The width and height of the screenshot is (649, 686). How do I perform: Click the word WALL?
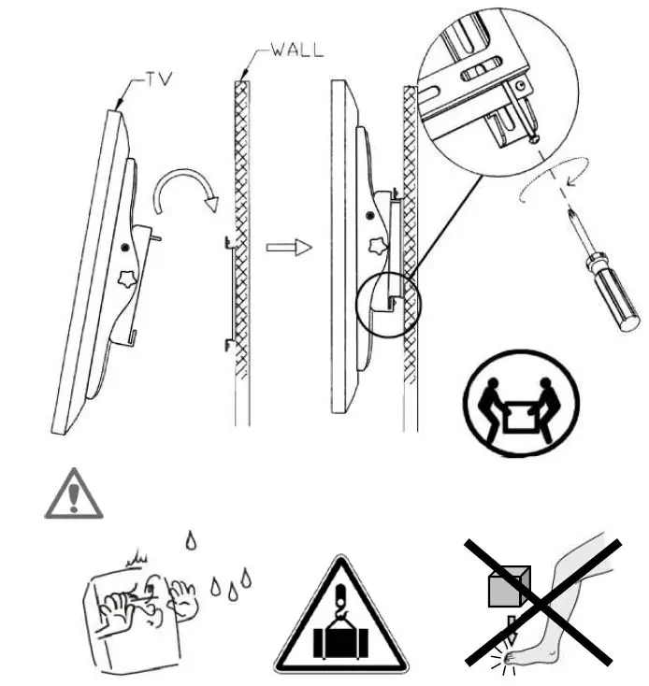297,50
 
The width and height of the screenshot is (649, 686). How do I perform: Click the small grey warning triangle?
74,493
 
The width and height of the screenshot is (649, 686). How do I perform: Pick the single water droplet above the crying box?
192,539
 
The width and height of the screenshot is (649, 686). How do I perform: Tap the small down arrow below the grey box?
508,623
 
